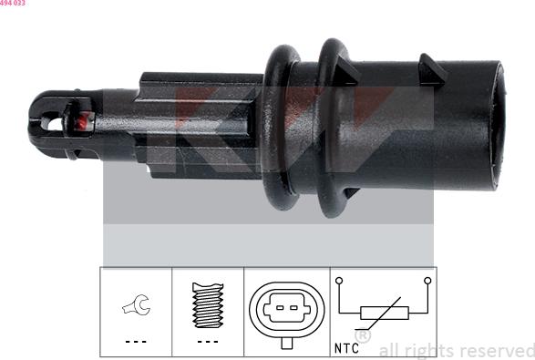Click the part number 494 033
[13, 4]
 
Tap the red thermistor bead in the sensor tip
[77, 120]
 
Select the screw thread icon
[208, 306]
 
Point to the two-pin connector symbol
[285, 310]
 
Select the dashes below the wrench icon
[135, 341]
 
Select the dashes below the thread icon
[208, 341]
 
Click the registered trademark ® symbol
[362, 337]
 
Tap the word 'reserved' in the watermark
[497, 350]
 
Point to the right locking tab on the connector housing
[427, 65]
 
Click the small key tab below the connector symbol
[285, 343]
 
